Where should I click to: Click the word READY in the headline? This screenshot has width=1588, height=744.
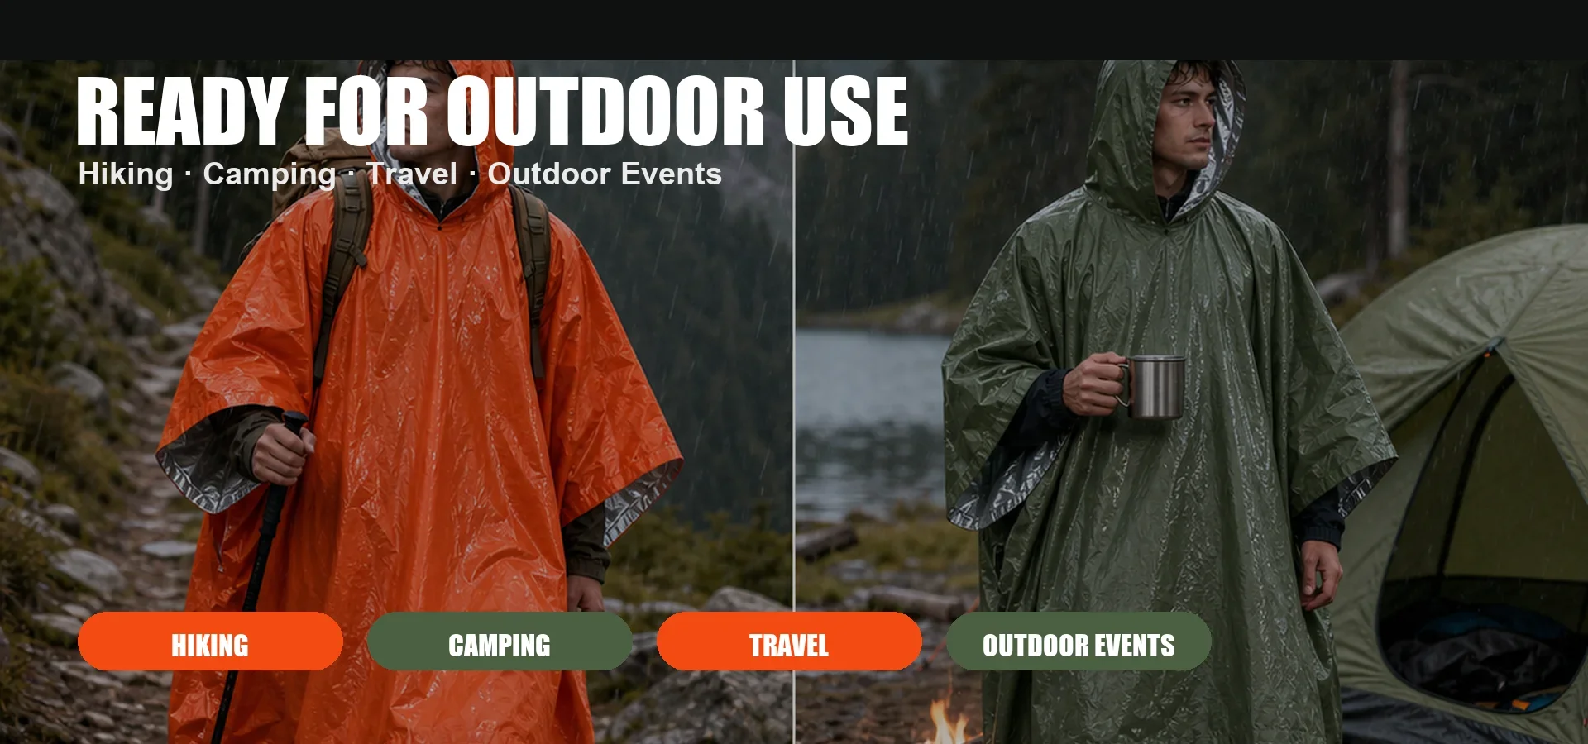182,111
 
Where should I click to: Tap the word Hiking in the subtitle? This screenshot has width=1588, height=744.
126,174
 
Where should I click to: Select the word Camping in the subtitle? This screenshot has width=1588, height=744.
270,174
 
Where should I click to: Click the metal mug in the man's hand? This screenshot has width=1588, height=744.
1153,386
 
